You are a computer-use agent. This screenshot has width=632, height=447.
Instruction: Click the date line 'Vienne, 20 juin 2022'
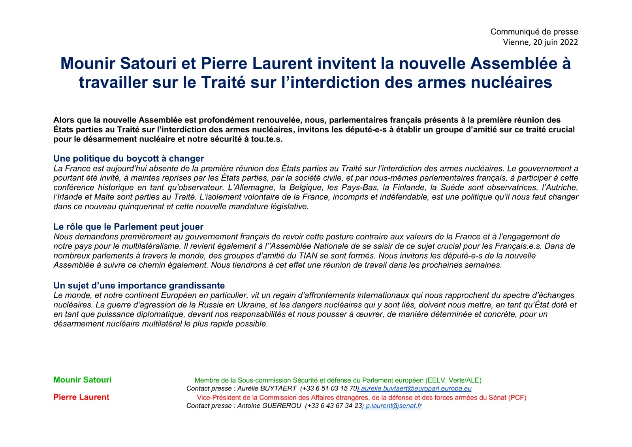click(540, 42)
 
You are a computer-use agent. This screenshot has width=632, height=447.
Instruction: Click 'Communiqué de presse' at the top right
click(534, 32)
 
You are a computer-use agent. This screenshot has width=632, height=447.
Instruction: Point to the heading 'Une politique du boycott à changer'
click(128, 158)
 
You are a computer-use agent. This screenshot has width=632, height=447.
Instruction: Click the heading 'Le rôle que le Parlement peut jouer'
click(128, 227)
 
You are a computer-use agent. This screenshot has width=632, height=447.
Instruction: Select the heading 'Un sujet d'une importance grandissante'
click(139, 285)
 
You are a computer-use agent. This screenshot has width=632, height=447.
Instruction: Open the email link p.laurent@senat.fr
click(393, 406)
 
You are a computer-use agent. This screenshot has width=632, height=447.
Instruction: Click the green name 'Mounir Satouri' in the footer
click(82, 380)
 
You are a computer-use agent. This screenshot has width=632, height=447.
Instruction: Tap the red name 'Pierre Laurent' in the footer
click(81, 397)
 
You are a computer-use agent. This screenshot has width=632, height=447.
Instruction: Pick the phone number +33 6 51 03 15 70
click(329, 389)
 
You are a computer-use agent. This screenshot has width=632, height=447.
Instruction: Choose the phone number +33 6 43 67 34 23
click(334, 406)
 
